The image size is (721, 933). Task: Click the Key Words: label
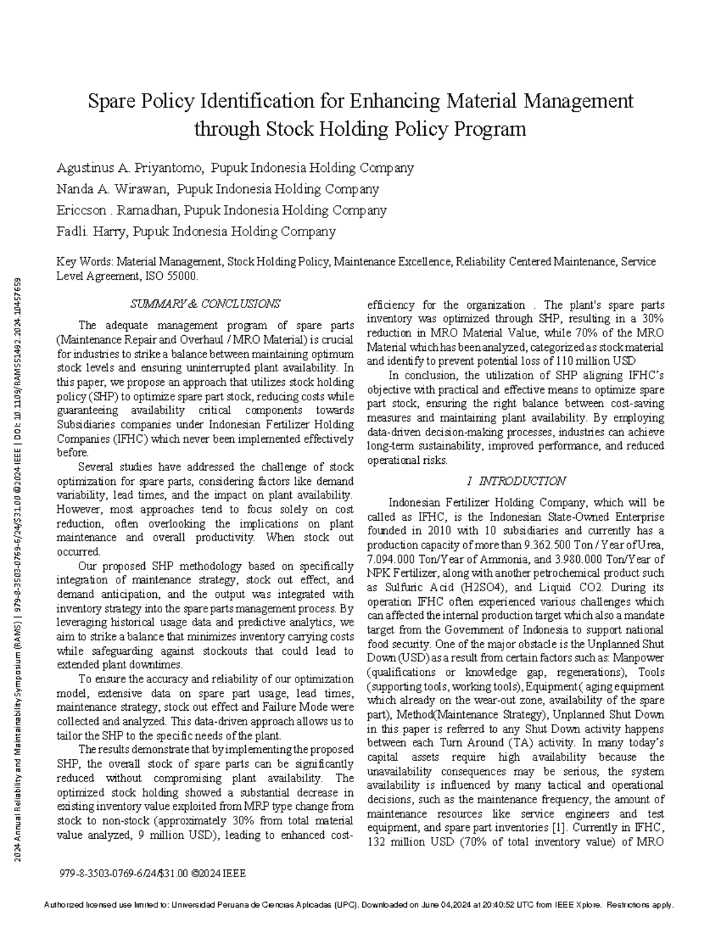pos(84,263)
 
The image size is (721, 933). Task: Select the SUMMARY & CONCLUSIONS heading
pos(205,304)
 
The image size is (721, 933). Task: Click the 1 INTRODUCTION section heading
pos(516,481)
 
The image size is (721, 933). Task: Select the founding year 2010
pos(425,531)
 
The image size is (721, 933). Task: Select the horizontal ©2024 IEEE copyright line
pos(153,874)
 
